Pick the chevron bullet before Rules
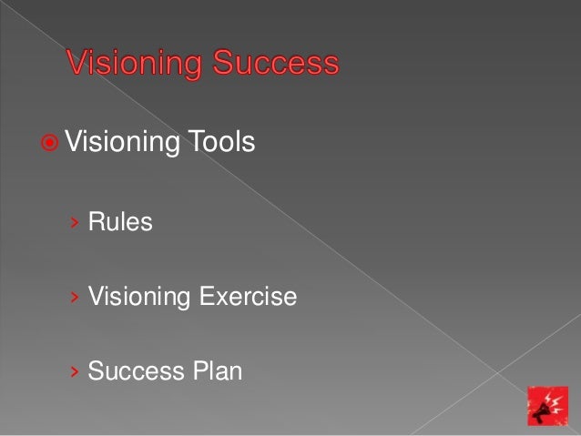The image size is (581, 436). coord(75,222)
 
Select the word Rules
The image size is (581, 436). coord(120,221)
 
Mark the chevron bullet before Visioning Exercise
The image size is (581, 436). coord(75,297)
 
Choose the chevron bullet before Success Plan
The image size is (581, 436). coord(75,372)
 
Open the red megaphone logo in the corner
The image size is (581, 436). coord(548,406)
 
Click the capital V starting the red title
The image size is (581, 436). coord(76,65)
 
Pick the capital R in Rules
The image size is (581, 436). coord(95,221)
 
